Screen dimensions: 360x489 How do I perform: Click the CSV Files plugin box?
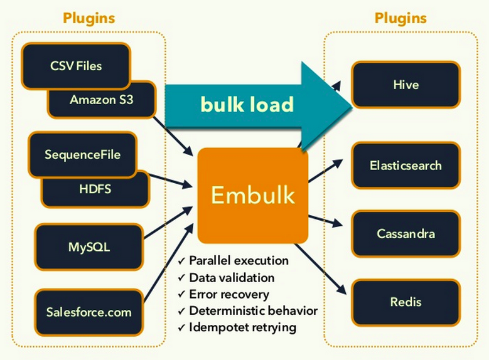pyautogui.click(x=75, y=65)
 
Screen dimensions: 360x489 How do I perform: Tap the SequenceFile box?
pyautogui.click(x=82, y=154)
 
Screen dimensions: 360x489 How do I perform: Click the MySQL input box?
pyautogui.click(x=89, y=246)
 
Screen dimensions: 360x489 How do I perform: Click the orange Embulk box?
pyautogui.click(x=252, y=195)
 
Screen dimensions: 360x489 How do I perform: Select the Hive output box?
pyautogui.click(x=406, y=83)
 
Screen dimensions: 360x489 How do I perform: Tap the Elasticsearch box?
pyautogui.click(x=406, y=166)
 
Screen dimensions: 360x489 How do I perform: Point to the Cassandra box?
pyautogui.click(x=406, y=234)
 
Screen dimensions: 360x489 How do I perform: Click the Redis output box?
pyautogui.click(x=406, y=302)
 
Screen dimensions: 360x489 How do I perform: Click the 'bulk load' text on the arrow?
pyautogui.click(x=247, y=104)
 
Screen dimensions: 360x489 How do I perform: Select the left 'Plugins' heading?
pyautogui.click(x=89, y=18)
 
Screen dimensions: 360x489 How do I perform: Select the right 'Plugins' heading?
pyautogui.click(x=400, y=18)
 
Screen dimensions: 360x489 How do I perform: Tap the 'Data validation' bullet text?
pyautogui.click(x=232, y=277)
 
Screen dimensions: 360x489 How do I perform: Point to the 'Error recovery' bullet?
pyautogui.click(x=228, y=294)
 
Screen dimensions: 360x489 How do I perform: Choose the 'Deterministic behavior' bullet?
pyautogui.click(x=252, y=311)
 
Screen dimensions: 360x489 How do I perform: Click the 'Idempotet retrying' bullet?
pyautogui.click(x=242, y=327)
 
